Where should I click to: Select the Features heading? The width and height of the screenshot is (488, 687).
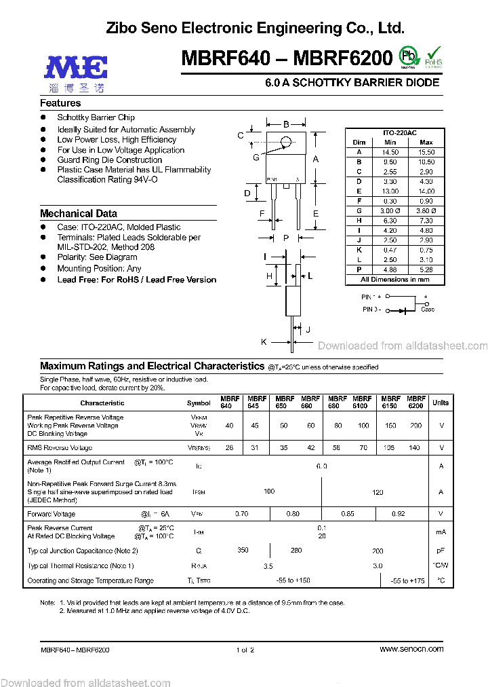point(60,103)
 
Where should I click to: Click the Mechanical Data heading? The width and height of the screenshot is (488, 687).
point(78,213)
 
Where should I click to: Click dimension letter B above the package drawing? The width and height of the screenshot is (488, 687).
point(286,124)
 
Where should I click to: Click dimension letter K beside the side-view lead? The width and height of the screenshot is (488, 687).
point(264,341)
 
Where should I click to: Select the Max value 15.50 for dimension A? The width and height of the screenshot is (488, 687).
point(426,152)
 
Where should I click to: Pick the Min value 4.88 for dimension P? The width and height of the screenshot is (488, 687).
point(390,270)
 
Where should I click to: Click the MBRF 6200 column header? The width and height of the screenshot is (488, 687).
point(417,402)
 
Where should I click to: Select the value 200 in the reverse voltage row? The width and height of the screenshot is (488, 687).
point(415,426)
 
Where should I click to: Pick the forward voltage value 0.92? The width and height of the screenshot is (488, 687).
point(399,514)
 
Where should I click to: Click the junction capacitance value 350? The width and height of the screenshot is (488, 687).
point(243,551)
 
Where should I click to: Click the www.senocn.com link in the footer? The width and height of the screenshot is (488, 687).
point(411,650)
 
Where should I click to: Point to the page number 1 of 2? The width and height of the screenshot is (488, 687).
point(245,650)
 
